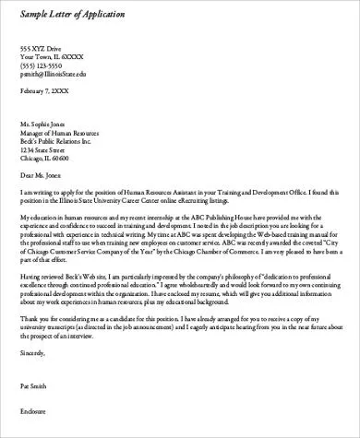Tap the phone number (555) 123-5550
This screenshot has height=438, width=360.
tap(42, 65)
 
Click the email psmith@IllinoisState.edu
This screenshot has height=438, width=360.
tap(54, 74)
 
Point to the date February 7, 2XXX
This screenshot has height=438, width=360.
tap(45, 92)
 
